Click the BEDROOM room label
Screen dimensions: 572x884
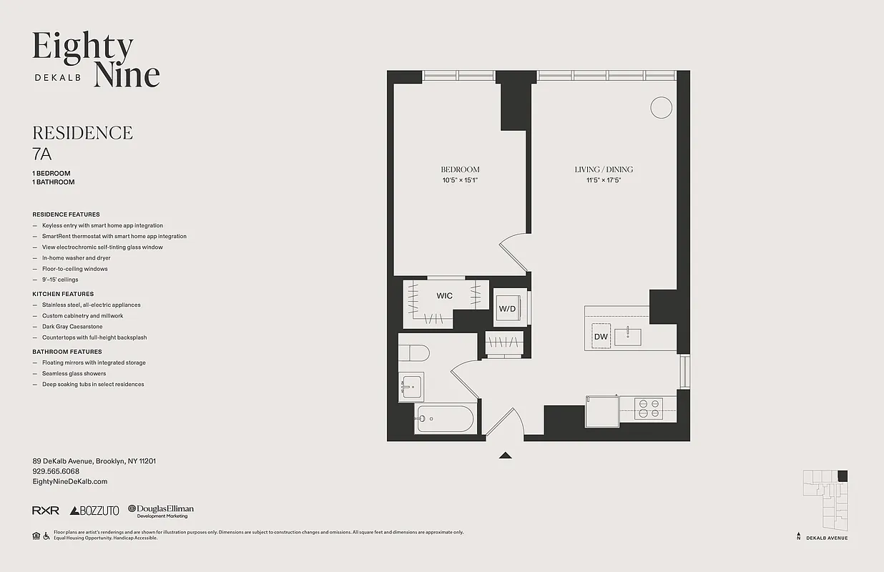pos(460,169)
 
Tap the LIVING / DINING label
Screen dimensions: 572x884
pos(604,169)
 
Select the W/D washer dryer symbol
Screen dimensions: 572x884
pos(507,308)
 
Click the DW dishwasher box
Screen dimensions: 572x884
pos(600,337)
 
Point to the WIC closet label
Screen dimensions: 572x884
pos(444,296)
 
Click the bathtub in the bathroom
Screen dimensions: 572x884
pos(444,418)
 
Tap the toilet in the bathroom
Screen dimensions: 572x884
pos(413,352)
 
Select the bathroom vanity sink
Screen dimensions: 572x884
pos(411,387)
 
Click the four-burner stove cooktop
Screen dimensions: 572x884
pos(649,408)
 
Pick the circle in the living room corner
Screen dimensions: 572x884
pos(661,107)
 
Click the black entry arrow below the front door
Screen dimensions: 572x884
pos(506,455)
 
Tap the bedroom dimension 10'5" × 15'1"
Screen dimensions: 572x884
pos(460,180)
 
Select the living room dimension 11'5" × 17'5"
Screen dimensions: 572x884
pos(604,180)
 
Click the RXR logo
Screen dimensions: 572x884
pos(45,511)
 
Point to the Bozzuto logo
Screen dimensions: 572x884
pos(94,511)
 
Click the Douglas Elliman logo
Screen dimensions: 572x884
pos(161,511)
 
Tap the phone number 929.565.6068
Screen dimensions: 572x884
pos(56,471)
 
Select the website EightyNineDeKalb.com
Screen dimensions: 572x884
pos(69,481)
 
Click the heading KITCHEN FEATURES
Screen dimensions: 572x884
pos(63,294)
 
